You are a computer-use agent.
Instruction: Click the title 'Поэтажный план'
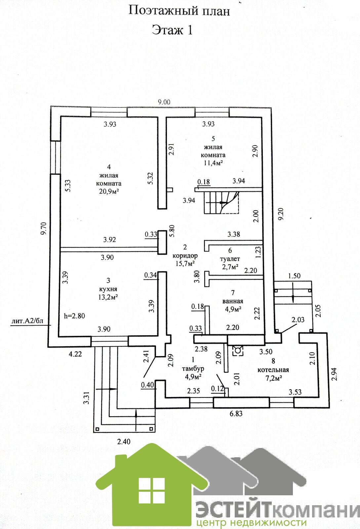coord(179,11)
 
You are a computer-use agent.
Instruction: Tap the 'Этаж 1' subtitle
coord(172,30)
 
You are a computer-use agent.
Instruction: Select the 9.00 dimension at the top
coord(164,102)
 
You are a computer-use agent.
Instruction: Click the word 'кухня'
coord(108,289)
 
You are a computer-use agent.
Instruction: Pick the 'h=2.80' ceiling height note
coord(74,316)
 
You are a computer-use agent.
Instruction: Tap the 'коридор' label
coord(185,256)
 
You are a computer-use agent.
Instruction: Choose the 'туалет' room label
coord(230,259)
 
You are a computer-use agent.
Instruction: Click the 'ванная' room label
coord(233,301)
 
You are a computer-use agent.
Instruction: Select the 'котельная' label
coord(273,370)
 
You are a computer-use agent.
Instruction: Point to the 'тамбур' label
coord(193,368)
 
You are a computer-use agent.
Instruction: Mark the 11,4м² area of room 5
coord(213,162)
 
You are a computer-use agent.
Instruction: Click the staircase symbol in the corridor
coord(221,202)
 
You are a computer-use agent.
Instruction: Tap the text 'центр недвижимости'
coord(251,523)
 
